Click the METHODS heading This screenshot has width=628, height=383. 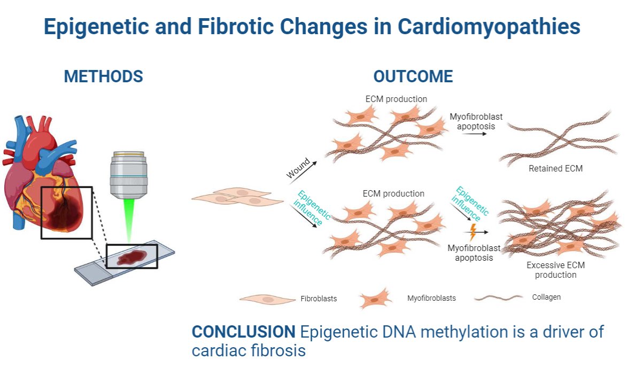click(x=103, y=76)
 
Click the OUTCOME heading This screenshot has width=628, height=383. click(x=413, y=76)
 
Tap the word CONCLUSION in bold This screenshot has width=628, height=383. click(x=243, y=332)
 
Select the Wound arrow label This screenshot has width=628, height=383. click(x=298, y=170)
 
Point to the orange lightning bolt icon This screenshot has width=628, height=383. click(x=472, y=231)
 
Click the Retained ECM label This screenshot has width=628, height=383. click(x=555, y=168)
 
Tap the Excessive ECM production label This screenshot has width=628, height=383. click(x=555, y=270)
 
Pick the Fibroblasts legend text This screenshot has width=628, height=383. click(x=319, y=299)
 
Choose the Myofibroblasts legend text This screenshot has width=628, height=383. click(x=431, y=298)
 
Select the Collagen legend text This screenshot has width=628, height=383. click(x=546, y=297)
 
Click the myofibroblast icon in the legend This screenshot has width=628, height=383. click(x=376, y=299)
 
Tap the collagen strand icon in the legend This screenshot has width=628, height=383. click(x=498, y=298)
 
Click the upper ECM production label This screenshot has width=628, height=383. click(x=396, y=99)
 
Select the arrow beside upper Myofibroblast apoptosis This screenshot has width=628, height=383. click(x=475, y=134)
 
